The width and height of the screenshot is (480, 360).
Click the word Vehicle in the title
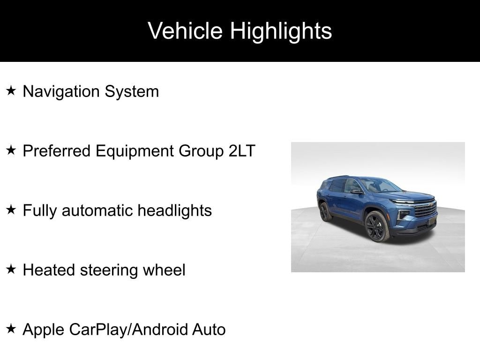pyautogui.click(x=185, y=30)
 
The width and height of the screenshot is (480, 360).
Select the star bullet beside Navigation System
pyautogui.click(x=11, y=90)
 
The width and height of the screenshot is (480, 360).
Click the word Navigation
pyautogui.click(x=61, y=92)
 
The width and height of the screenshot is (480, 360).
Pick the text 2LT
pyautogui.click(x=242, y=151)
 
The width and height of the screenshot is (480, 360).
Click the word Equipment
pyautogui.click(x=135, y=151)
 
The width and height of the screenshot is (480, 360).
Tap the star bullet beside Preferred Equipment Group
pyautogui.click(x=11, y=150)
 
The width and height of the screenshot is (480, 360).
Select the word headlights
pyautogui.click(x=174, y=210)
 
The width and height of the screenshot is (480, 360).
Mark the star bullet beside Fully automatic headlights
pyautogui.click(x=11, y=210)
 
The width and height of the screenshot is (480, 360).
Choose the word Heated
pyautogui.click(x=49, y=270)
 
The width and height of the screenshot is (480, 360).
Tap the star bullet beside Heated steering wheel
pyautogui.click(x=11, y=269)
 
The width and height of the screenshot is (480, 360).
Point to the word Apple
pyautogui.click(x=43, y=330)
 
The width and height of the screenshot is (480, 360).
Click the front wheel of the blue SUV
pyautogui.click(x=377, y=226)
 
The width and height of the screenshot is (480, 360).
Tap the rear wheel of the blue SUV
pyautogui.click(x=325, y=212)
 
